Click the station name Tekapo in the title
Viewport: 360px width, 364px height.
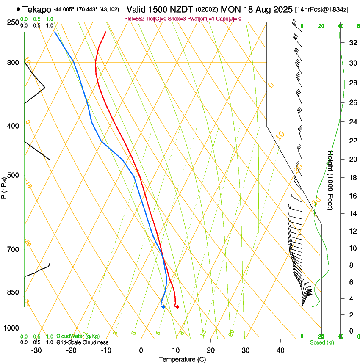37,9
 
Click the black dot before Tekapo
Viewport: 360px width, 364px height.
18,9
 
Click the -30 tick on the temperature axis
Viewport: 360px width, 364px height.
36,350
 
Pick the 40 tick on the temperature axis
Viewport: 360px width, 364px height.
280,350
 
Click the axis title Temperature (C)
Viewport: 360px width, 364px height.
182,359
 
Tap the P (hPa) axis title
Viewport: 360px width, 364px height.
4,187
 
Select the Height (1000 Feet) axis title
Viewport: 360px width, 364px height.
331,180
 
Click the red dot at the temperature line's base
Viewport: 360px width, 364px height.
177,307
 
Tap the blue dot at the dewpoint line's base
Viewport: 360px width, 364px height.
163,307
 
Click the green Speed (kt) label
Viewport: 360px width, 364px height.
322,342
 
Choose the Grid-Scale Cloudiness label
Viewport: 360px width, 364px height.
82,342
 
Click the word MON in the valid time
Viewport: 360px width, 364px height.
232,9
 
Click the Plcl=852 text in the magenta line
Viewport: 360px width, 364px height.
135,19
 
